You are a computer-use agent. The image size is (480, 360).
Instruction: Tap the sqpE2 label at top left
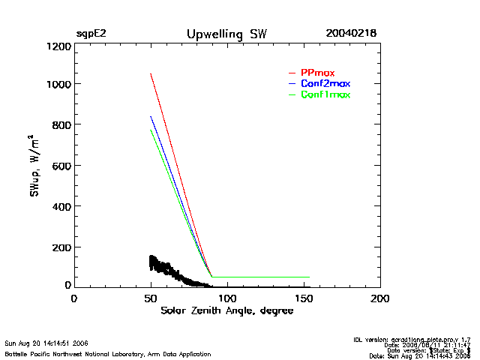click(x=91, y=34)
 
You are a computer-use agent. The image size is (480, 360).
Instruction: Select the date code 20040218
click(x=351, y=34)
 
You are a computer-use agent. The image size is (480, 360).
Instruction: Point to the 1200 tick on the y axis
click(x=58, y=46)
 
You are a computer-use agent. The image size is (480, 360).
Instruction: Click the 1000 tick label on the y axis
click(x=58, y=84)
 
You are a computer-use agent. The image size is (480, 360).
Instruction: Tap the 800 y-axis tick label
click(x=61, y=124)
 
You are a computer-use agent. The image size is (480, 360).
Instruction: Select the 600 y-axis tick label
click(x=61, y=165)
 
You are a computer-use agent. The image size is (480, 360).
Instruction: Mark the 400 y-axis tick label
click(x=61, y=205)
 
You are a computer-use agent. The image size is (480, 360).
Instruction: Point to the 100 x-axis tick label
click(x=227, y=298)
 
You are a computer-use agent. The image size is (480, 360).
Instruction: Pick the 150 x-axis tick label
click(x=304, y=298)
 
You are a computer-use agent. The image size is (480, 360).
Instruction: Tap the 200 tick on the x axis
click(x=380, y=298)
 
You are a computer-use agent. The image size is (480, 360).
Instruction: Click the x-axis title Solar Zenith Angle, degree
click(x=227, y=310)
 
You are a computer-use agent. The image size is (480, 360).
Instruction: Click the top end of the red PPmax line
click(x=151, y=73)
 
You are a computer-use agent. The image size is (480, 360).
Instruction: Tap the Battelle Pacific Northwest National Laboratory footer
click(x=108, y=353)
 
